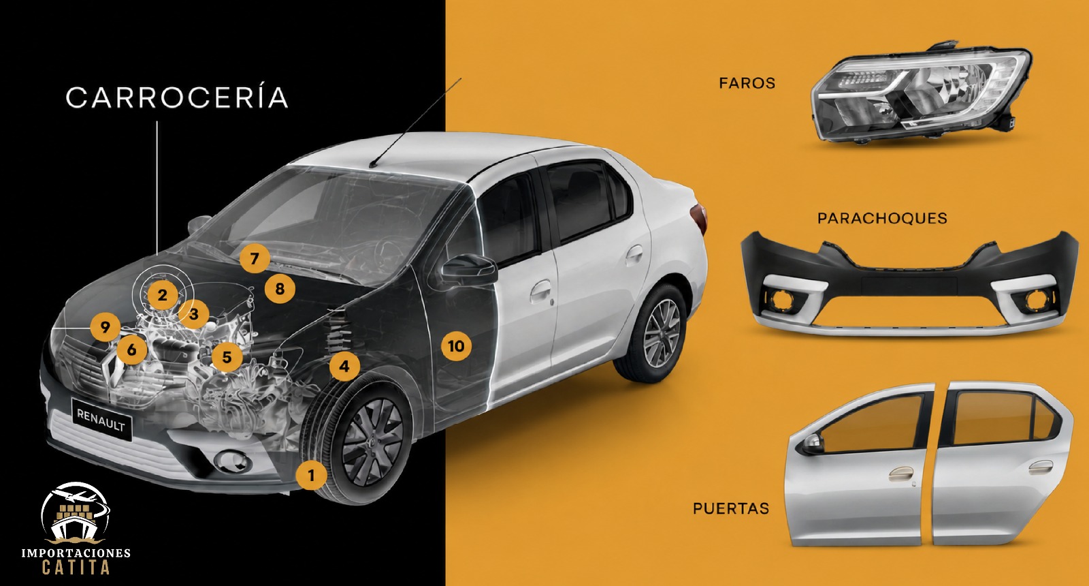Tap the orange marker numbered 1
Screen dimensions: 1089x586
pyautogui.click(x=312, y=475)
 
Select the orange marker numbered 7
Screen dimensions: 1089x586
pyautogui.click(x=255, y=258)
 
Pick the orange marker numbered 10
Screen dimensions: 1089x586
pyautogui.click(x=456, y=346)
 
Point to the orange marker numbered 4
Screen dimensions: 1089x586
pyautogui.click(x=344, y=367)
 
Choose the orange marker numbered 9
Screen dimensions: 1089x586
pyautogui.click(x=105, y=327)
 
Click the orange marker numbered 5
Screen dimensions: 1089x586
pyautogui.click(x=227, y=357)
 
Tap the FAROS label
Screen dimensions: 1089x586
pyautogui.click(x=747, y=83)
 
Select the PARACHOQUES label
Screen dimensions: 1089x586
pyautogui.click(x=882, y=218)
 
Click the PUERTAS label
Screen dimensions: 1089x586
pyautogui.click(x=731, y=508)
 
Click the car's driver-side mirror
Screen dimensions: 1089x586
pyautogui.click(x=469, y=268)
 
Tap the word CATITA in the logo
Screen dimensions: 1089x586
pyautogui.click(x=76, y=568)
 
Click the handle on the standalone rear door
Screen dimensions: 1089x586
pyautogui.click(x=1041, y=467)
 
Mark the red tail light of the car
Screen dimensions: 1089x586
pyautogui.click(x=699, y=219)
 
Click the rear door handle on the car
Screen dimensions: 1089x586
pyautogui.click(x=634, y=253)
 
